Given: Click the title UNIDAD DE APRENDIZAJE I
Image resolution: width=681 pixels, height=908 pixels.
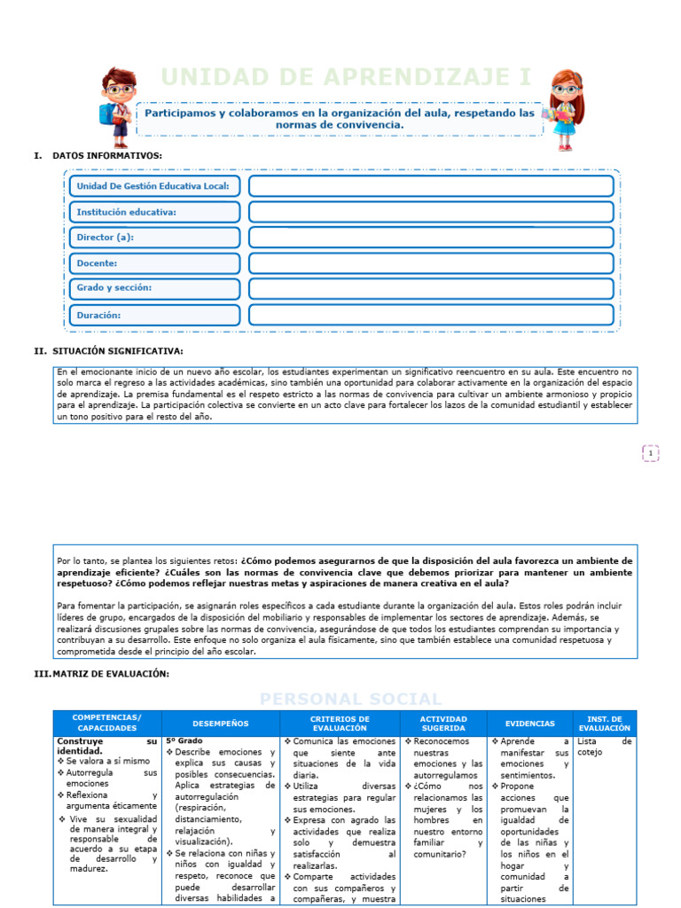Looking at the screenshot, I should coord(346,78).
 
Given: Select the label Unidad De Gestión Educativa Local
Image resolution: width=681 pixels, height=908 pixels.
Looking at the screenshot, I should coord(153,186).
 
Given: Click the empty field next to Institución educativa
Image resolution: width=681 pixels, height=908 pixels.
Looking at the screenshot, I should coord(431,212).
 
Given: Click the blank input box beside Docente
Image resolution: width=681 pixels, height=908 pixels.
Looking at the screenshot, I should coord(431,263).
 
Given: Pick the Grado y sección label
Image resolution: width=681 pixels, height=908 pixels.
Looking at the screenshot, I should coord(113,288).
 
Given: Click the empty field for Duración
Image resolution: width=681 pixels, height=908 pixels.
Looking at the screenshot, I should coord(431,315).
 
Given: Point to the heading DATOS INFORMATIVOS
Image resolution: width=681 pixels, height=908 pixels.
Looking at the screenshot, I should coord(106,155).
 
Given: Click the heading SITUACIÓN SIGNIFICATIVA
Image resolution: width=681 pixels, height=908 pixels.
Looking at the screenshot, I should coord(116,351).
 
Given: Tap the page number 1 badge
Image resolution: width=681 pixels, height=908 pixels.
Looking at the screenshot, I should coord(651,454).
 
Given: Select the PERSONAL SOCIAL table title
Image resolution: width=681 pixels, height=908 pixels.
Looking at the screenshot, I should coord(350,699).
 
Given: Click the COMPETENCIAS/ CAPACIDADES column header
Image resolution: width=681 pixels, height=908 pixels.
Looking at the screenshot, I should coord(106,722).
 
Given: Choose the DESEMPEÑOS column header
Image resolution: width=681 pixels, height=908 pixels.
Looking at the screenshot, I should coord(221,723).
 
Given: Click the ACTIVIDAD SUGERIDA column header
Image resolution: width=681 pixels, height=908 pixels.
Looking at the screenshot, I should coord(443,722).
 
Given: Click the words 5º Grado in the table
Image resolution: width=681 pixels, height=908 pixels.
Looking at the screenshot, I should coord(184,740).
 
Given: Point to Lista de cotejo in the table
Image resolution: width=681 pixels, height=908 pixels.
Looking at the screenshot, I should coord(603,746).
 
